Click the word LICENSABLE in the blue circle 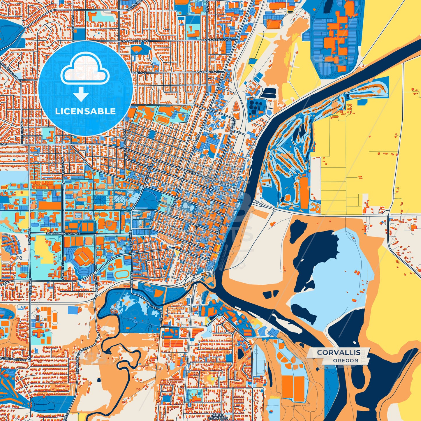coord(85,111)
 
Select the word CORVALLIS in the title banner coord(339,352)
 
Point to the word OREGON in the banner coord(346,360)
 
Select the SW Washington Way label coord(61,234)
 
